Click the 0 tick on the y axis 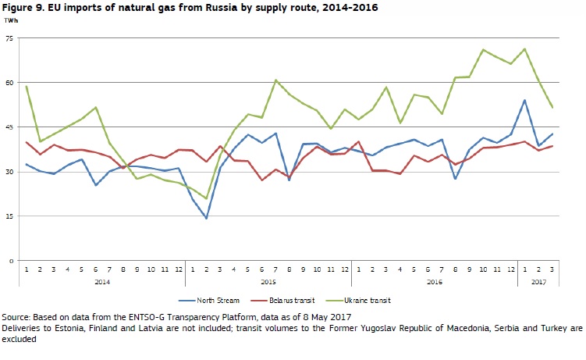(11, 260)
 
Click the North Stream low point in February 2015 (207, 218)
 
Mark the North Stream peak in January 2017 (524, 100)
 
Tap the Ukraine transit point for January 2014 (27, 86)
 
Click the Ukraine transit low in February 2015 (207, 198)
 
